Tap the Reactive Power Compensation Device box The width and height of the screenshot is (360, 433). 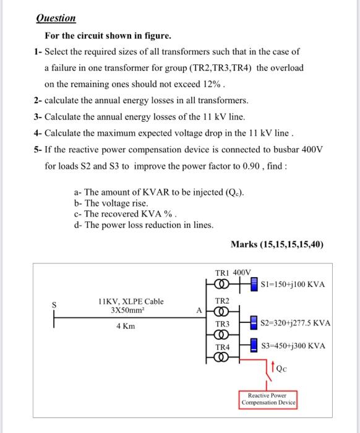pyautogui.click(x=268, y=398)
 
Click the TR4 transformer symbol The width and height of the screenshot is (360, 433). pyautogui.click(x=223, y=358)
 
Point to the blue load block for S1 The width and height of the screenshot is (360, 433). pyautogui.click(x=254, y=284)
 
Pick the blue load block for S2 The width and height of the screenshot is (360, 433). pyautogui.click(x=253, y=323)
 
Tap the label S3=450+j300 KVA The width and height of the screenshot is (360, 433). pyautogui.click(x=293, y=346)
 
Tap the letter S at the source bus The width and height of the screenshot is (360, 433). pyautogui.click(x=54, y=303)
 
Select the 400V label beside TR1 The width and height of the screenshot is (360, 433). pyautogui.click(x=242, y=272)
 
